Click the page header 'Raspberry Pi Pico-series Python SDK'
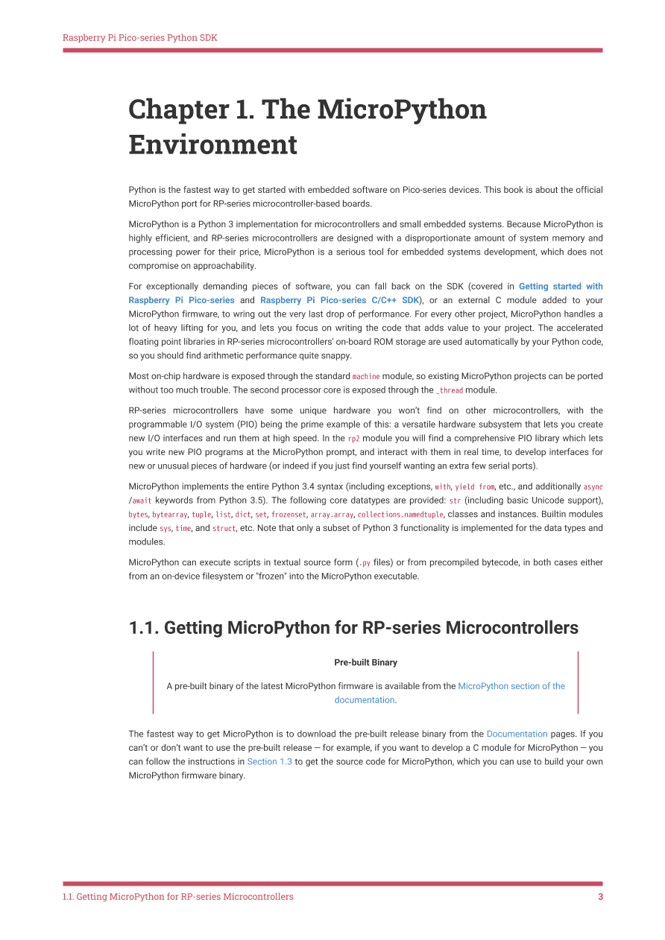point(140,37)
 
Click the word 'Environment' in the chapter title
point(212,144)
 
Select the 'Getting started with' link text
point(561,286)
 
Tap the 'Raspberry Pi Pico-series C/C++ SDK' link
point(339,300)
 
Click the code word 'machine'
point(366,377)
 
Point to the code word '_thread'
point(450,390)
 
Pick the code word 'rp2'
point(354,439)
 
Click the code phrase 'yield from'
point(475,487)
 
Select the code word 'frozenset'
point(289,515)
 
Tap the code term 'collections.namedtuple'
point(400,515)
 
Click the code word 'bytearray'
point(170,515)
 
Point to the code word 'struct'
point(224,529)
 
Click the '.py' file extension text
point(364,563)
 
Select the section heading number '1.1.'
point(144,628)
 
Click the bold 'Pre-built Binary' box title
point(365,662)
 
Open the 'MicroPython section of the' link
point(511,686)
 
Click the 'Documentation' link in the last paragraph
point(517,734)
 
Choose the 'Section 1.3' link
point(269,761)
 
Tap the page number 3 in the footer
point(600,897)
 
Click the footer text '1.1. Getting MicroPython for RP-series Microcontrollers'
point(177,897)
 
